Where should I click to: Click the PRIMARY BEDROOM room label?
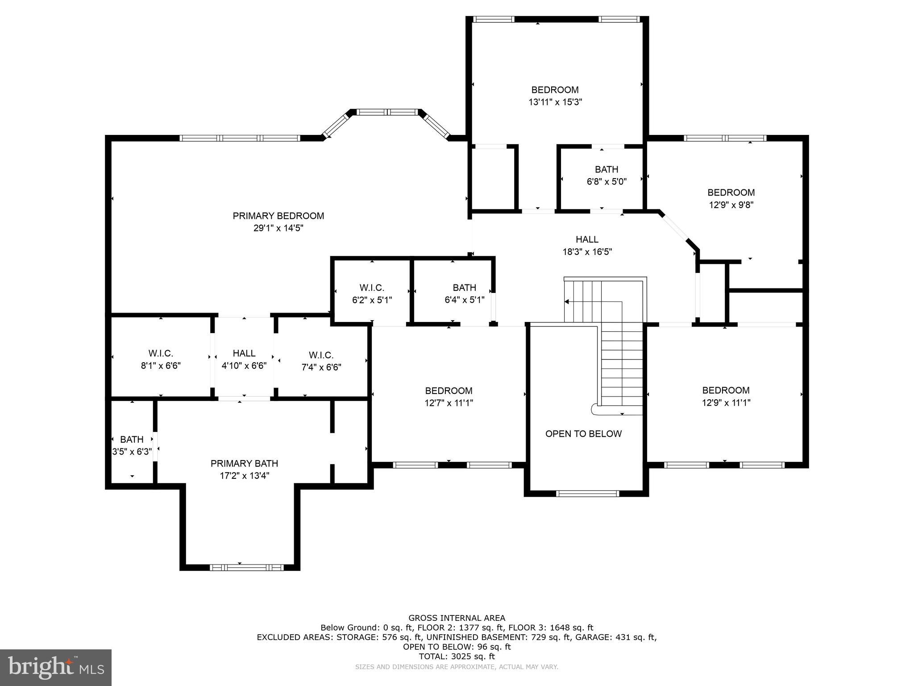(x=278, y=216)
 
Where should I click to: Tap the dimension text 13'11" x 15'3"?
(x=555, y=102)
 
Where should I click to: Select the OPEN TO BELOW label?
(x=583, y=434)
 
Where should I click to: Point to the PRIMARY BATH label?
(x=244, y=464)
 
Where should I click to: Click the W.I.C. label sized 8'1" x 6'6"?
(x=161, y=354)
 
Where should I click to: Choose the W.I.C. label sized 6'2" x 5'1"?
(x=372, y=288)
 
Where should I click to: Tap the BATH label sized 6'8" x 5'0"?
(x=607, y=170)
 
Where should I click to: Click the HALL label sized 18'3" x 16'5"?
(x=587, y=240)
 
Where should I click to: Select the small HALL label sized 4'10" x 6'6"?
(x=244, y=354)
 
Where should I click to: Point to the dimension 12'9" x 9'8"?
(x=731, y=205)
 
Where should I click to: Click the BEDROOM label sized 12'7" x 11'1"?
(x=449, y=391)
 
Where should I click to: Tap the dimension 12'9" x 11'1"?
(x=726, y=403)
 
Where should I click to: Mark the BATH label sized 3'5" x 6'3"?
(x=132, y=439)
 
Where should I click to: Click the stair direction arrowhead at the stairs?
(x=567, y=302)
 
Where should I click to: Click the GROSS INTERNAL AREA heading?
(x=457, y=618)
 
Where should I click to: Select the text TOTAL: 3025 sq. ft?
(x=457, y=657)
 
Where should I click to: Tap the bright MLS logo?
(x=56, y=668)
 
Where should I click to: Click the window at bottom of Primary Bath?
(x=246, y=568)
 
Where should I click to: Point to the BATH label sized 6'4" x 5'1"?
(x=464, y=288)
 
